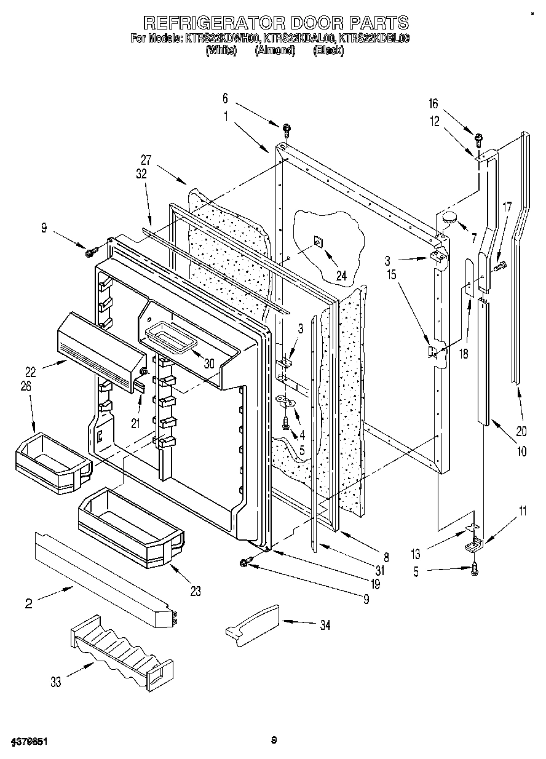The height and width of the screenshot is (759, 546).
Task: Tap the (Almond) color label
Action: click(x=275, y=51)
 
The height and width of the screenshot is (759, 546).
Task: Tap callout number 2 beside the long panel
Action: click(x=28, y=603)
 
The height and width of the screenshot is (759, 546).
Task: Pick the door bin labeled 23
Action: click(x=130, y=527)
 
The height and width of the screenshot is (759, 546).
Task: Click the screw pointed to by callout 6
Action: click(x=287, y=129)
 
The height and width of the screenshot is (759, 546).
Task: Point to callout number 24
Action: click(x=341, y=276)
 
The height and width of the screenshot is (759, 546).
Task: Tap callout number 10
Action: click(x=521, y=451)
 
